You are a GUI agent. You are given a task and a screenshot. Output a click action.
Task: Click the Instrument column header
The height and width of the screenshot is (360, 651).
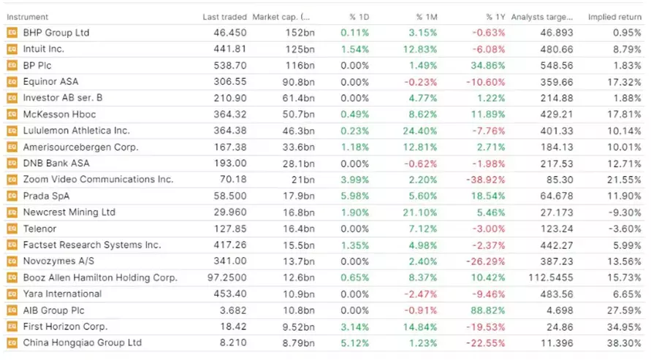pos(26,17)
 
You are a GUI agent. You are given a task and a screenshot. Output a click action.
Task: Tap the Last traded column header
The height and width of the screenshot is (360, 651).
pos(224,17)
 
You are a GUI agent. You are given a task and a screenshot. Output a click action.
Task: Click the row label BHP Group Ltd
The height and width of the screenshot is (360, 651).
pos(56,33)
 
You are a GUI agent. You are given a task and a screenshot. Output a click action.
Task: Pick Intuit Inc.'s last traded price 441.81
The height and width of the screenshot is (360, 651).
pos(232,49)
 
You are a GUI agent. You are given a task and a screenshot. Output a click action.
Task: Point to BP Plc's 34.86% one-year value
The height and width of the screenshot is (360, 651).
pos(487,65)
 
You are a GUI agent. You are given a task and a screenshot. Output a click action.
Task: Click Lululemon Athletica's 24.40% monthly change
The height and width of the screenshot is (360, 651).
pos(419,131)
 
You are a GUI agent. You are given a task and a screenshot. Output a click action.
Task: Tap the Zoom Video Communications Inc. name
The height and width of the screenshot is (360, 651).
pos(98,180)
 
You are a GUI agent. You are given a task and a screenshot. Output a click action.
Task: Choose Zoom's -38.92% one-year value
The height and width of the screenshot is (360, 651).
pos(484,180)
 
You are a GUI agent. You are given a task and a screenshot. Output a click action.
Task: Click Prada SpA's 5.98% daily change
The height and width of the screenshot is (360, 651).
pos(355,196)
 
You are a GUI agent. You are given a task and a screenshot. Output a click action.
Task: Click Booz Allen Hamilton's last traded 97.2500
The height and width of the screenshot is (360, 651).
pos(226,277)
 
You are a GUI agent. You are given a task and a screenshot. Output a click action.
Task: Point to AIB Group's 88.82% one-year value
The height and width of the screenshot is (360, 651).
pos(487,310)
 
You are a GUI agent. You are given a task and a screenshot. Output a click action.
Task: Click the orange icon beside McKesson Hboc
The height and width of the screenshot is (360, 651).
pos(11,115)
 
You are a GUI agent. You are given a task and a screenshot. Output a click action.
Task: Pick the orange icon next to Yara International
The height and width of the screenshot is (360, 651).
pos(11,294)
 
